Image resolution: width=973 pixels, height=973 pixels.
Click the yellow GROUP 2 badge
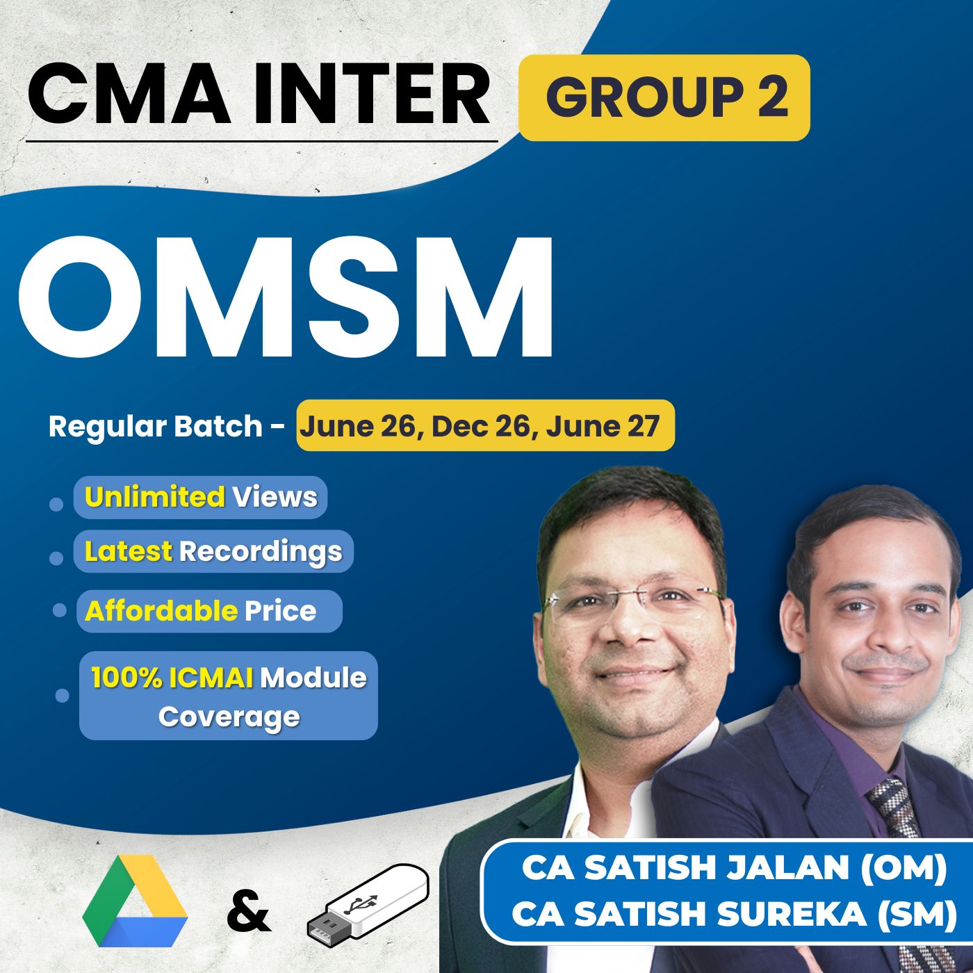point(664,97)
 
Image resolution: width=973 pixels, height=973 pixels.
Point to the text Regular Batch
point(156,427)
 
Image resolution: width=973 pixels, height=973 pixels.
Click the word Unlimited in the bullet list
point(154,497)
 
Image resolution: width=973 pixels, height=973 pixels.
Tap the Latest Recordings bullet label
point(213,552)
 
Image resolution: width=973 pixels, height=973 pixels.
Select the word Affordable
point(161,611)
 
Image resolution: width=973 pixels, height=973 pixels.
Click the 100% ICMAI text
point(172,678)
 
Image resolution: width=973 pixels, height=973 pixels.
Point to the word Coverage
point(229,717)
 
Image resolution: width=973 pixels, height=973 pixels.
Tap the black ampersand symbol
point(248,910)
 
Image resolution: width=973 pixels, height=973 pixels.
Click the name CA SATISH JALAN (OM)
point(734,869)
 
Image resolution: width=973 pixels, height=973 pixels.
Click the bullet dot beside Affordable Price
point(60,610)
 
